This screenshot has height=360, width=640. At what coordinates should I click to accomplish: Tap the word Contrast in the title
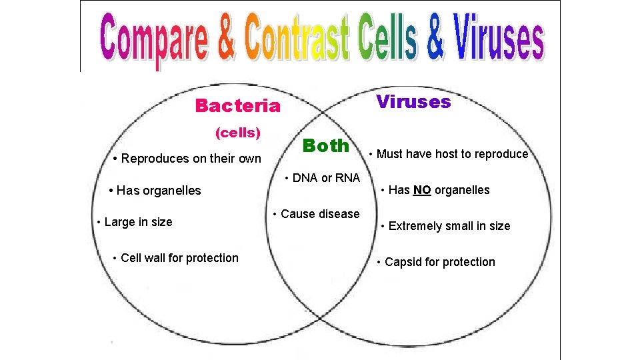click(x=297, y=39)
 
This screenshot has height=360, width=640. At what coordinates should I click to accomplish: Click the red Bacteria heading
click(x=237, y=106)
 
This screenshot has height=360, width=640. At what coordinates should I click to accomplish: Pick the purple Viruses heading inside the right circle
click(x=413, y=102)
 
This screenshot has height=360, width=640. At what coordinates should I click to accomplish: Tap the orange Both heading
click(x=325, y=145)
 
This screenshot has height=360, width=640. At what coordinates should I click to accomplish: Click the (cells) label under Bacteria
click(x=237, y=133)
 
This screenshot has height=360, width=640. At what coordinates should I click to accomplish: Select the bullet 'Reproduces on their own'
click(x=187, y=159)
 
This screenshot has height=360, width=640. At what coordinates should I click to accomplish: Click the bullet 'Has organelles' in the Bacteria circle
click(x=155, y=191)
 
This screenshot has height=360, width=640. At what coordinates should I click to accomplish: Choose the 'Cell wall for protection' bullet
click(x=175, y=258)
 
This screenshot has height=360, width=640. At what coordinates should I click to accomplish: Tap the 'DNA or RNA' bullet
click(x=322, y=178)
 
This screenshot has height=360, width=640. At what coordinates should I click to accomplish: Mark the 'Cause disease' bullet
click(x=316, y=214)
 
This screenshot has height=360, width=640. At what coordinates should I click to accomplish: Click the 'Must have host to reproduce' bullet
click(x=449, y=154)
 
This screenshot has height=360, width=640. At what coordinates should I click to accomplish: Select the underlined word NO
click(x=421, y=190)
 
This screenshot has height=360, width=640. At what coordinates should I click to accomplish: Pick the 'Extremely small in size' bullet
click(x=445, y=226)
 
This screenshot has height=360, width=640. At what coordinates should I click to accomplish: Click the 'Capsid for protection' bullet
click(x=436, y=262)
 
